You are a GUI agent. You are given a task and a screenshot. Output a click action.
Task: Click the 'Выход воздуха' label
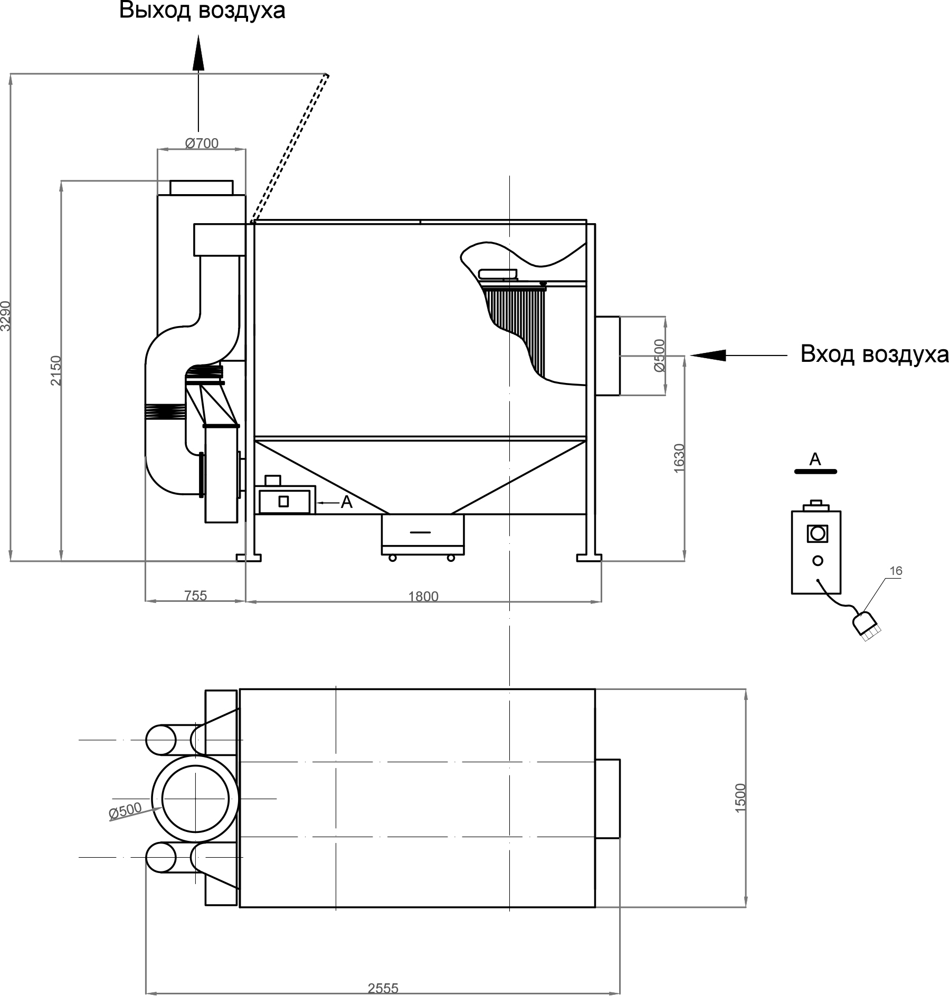tap(202, 11)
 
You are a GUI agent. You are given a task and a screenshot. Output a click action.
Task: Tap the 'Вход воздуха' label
tap(874, 354)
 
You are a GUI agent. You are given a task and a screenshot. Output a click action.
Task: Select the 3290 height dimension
tap(6, 316)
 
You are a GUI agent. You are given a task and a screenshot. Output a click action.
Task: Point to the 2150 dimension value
tap(56, 371)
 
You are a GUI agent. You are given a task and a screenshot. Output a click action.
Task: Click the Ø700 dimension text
tap(202, 143)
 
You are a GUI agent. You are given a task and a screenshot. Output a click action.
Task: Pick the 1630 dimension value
tap(679, 458)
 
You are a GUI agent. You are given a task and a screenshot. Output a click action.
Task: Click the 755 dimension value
tap(195, 596)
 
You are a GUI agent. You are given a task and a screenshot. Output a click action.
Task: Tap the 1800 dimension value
tap(423, 597)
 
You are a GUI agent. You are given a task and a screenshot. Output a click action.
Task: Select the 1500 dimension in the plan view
tap(741, 798)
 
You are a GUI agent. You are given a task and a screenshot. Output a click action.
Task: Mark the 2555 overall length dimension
tap(383, 988)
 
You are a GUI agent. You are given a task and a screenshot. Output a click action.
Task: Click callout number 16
tap(896, 571)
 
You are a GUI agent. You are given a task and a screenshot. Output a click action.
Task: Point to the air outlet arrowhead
tap(198, 53)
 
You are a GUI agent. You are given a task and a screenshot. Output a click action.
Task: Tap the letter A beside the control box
tap(346, 503)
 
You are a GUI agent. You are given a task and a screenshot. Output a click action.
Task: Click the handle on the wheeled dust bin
tap(420, 532)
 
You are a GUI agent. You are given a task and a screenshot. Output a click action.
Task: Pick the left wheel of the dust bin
tap(392, 558)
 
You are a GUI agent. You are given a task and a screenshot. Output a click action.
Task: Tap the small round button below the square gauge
tap(818, 561)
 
